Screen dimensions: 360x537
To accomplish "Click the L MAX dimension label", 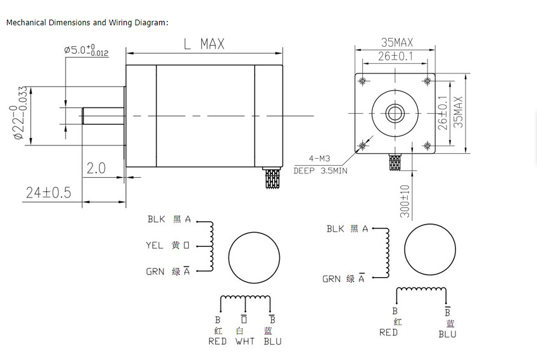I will (x=203, y=44).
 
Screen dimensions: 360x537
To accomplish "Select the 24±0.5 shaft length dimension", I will (x=48, y=192).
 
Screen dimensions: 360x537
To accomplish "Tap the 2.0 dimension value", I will (x=96, y=168).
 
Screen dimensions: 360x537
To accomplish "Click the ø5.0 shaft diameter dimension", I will (x=86, y=50).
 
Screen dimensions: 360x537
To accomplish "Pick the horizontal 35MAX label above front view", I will (x=396, y=42).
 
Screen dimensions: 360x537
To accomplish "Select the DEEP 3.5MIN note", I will (x=320, y=171).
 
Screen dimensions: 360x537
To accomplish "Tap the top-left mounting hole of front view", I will (x=363, y=82).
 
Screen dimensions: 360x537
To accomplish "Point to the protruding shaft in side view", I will (x=103, y=116).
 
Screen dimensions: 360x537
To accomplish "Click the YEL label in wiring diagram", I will (x=155, y=245).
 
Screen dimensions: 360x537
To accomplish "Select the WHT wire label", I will (x=244, y=342).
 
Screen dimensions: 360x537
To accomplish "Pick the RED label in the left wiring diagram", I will (x=217, y=342).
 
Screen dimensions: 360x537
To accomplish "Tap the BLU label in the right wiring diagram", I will (x=447, y=333).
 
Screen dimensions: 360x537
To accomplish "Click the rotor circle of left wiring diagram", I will (x=254, y=258).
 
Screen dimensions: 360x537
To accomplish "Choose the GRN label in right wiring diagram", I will (x=331, y=279).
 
